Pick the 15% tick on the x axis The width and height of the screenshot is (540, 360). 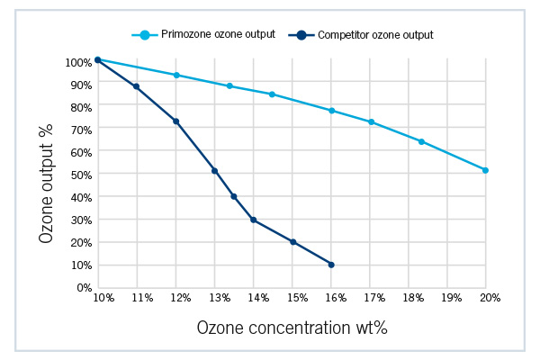tap(293, 297)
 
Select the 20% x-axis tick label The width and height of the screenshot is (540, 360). tap(486, 297)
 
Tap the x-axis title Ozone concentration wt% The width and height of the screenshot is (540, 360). tap(292, 328)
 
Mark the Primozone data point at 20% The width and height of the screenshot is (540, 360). tap(485, 170)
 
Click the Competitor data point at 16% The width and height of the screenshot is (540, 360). tap(331, 265)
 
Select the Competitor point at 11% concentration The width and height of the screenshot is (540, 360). tap(136, 86)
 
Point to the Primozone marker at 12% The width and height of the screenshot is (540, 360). tap(176, 75)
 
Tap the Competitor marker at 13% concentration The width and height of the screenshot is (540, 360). tap(214, 170)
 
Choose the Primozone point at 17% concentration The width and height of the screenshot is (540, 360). tap(371, 121)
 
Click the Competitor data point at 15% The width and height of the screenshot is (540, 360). tap(293, 241)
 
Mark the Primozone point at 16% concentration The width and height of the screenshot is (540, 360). tap(332, 111)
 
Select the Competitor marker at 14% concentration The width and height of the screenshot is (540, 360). tap(254, 220)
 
